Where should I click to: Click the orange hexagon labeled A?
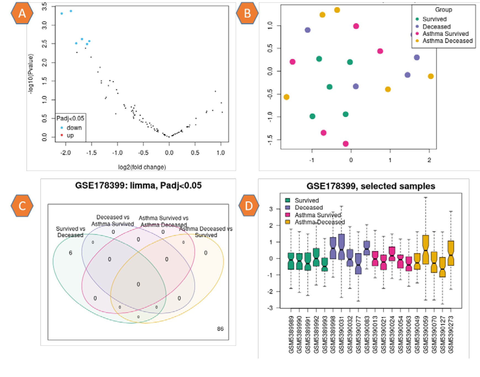tap(22, 13)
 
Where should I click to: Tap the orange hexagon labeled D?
tap(249, 206)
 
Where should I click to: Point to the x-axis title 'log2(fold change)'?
tap(142, 167)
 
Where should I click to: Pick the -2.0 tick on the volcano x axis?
tap(65, 153)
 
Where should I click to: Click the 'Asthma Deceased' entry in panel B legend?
tap(447, 41)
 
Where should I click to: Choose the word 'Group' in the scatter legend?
tap(444, 10)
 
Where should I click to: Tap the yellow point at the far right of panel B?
tap(431, 76)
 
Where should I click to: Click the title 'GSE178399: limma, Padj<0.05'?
tap(138, 185)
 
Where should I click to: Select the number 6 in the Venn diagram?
tap(70, 253)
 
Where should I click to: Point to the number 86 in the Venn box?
tap(220, 329)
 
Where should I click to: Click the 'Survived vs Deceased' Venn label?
tap(70, 232)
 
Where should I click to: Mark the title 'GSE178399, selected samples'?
tap(371, 186)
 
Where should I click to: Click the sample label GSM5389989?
tap(291, 335)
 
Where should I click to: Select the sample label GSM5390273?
tap(451, 335)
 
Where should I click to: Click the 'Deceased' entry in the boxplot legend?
tap(308, 208)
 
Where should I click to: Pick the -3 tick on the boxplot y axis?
tap(271, 308)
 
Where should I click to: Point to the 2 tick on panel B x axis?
tap(429, 160)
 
